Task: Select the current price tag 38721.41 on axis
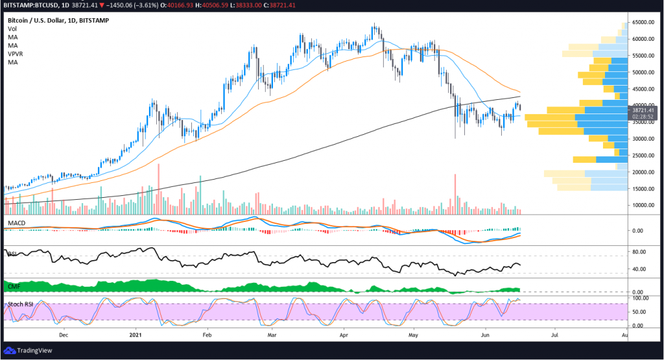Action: tap(643, 110)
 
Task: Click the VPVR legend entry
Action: tap(16, 54)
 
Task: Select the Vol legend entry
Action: tap(12, 29)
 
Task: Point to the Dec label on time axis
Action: tap(63, 336)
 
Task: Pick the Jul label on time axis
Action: tap(554, 336)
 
